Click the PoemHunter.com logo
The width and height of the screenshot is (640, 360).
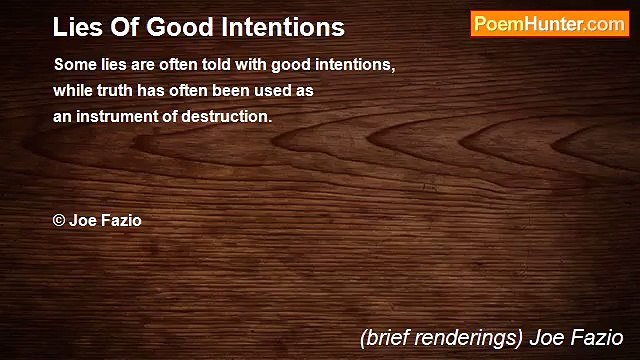coord(549,25)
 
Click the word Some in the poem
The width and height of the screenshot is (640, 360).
coord(72,65)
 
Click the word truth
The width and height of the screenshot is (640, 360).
coord(112,90)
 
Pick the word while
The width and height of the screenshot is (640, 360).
coord(71,90)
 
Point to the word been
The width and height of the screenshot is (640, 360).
coord(228,90)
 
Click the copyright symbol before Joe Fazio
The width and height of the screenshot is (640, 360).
coord(59,221)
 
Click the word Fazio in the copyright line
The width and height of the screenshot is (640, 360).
coord(121,221)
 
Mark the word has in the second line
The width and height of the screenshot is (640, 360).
coord(156,90)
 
